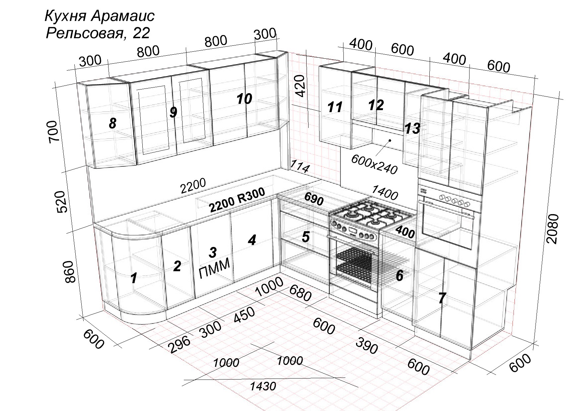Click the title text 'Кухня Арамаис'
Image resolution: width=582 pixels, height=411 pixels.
99,16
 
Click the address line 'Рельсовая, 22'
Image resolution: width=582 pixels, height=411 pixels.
98,33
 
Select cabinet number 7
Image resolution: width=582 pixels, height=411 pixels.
442,298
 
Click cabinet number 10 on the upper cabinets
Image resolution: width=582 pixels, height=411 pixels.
244,99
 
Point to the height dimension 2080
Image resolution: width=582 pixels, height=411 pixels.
553,229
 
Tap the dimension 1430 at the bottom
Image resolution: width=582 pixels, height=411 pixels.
263,386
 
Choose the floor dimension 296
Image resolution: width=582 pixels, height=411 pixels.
180,344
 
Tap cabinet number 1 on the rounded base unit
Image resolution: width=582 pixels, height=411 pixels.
134,278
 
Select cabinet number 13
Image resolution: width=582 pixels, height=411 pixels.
412,128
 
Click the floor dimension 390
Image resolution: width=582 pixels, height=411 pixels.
367,346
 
